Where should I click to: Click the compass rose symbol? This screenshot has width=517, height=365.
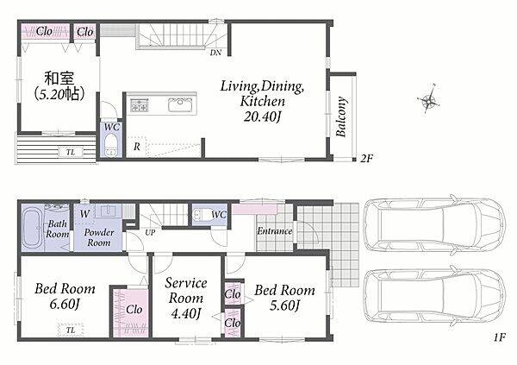pos(429,98)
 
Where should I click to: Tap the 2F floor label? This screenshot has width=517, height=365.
pos(365,159)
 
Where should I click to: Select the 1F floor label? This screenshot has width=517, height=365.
pos(499,337)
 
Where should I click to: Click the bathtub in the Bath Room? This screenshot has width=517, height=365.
pos(33,228)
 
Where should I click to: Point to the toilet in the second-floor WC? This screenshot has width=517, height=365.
pos(111,145)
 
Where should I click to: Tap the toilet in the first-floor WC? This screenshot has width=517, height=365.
pos(201,215)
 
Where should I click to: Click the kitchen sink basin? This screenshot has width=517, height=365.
pos(180,104)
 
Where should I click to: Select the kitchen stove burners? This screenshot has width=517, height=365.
pos(140,104)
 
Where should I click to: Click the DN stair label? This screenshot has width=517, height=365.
pos(215,53)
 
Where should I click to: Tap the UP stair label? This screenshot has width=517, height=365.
pos(150,232)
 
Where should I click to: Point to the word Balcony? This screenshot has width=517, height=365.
pos(341,116)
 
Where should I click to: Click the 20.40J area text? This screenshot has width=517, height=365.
pos(263,116)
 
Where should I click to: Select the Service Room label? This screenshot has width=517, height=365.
pos(186,291)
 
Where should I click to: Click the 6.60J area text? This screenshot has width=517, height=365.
pos(65,305)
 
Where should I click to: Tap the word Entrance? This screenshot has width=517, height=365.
pos(275,231)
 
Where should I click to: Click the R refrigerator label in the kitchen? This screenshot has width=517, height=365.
pos(137,147)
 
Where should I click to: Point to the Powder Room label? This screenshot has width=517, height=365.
pos(98,237)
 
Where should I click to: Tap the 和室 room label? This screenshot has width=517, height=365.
pos(59,79)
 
